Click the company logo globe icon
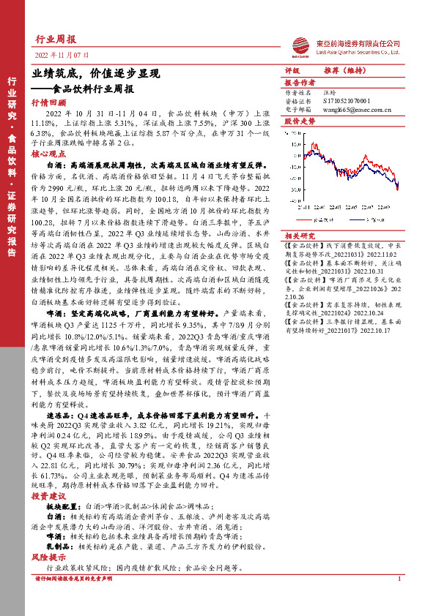point(298,45)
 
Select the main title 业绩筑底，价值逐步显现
point(96,74)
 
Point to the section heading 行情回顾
point(49,104)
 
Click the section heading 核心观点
point(49,155)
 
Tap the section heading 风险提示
point(49,557)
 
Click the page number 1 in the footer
point(399,579)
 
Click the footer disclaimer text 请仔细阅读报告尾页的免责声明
point(76,579)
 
